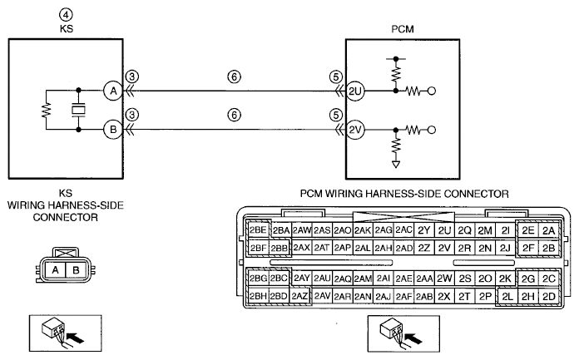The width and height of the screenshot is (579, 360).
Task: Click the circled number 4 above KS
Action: pos(66,15)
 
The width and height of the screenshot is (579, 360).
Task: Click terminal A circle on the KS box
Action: pos(113,91)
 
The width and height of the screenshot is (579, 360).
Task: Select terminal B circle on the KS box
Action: pos(113,129)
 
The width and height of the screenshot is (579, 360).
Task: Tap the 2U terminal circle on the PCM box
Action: pos(355,91)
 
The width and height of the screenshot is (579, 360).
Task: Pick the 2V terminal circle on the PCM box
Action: pos(355,130)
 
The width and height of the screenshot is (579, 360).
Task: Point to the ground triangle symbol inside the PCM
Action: pos(396,165)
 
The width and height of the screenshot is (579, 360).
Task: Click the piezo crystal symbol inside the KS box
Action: pos(78,110)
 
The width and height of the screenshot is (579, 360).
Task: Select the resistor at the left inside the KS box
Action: pos(46,110)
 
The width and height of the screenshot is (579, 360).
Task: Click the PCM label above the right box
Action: pos(403,29)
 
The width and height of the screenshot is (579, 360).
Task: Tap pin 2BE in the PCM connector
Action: pos(258,230)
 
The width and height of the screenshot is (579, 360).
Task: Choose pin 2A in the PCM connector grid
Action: pos(549,231)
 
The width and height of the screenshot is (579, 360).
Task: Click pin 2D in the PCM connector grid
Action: pos(549,297)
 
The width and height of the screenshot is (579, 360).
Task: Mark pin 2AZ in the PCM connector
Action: pos(299,296)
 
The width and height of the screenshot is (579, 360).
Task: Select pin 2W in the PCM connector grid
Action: pos(444,278)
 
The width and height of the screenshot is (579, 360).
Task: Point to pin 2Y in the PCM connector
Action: pos(424,230)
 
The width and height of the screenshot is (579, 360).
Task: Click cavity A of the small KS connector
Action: pos(56,270)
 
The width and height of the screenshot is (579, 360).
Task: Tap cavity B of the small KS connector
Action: pos(76,270)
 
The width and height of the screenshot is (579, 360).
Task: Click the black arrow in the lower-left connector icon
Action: pos(76,337)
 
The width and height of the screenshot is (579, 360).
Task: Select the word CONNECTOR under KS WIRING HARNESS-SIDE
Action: pos(66,218)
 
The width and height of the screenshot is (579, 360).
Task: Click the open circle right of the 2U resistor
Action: pos(431,91)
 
